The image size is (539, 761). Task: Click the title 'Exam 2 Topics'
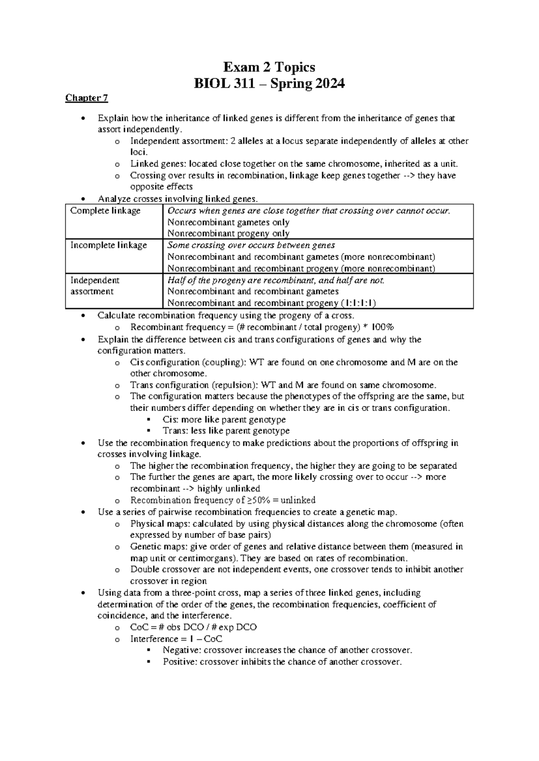(269, 67)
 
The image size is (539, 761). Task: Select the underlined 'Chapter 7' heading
(87, 98)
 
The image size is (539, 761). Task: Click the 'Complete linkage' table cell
(106, 211)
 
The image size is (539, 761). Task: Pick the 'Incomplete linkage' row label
(109, 245)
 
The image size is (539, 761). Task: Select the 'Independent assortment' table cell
(95, 286)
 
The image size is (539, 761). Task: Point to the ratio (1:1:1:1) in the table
(358, 303)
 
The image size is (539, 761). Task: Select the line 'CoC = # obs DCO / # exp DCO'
(193, 627)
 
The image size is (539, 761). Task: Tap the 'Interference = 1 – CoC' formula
(176, 639)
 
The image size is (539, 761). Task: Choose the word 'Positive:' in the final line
(179, 662)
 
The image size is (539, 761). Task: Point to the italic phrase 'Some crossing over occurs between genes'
(251, 245)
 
